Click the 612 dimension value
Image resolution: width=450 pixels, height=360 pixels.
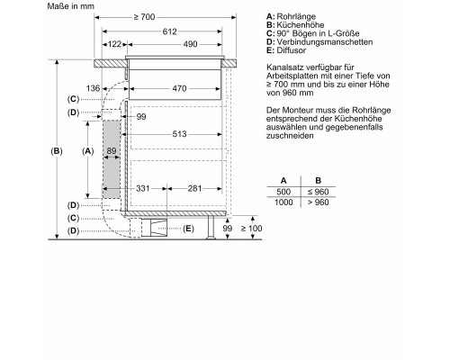(170, 31)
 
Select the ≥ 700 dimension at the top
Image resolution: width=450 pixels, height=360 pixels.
(144, 17)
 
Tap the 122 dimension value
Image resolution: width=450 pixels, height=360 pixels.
(114, 44)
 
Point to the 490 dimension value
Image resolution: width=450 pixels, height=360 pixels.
(190, 44)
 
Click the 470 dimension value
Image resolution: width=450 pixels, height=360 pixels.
(179, 88)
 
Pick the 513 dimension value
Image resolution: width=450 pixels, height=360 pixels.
(179, 134)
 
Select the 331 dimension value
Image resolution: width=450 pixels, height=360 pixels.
(143, 188)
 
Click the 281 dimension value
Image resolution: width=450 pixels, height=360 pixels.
(194, 188)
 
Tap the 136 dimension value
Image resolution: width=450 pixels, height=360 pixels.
(93, 88)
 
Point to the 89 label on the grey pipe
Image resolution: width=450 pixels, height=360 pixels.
(112, 150)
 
